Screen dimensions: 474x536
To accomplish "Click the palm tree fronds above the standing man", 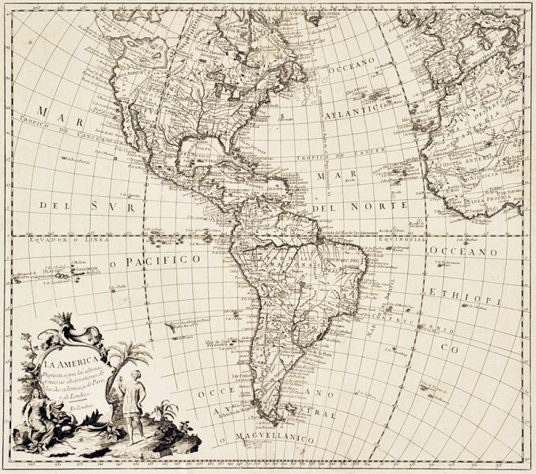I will coord(129,353).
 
